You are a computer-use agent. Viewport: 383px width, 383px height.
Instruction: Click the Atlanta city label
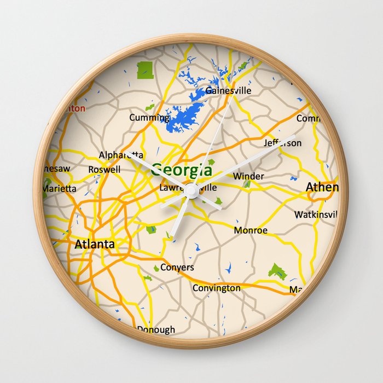(x=95, y=244)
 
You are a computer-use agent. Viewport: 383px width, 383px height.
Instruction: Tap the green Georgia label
(x=182, y=170)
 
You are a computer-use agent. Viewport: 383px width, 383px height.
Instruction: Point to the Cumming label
(x=149, y=117)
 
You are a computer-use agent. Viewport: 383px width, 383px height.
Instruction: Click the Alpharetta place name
(x=121, y=155)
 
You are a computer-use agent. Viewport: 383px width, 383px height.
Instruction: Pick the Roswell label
(x=104, y=170)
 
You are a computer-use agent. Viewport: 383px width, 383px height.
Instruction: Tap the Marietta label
(x=60, y=188)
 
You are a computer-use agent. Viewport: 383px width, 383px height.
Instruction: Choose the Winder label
(x=248, y=176)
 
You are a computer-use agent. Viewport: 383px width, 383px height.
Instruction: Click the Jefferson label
(x=282, y=143)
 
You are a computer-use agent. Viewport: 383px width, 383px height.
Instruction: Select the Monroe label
(x=251, y=230)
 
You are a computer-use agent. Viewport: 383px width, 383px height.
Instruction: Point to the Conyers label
(x=177, y=268)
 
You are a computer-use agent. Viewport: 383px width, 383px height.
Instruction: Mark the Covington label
(x=216, y=288)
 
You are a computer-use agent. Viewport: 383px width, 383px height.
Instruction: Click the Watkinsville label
(x=316, y=214)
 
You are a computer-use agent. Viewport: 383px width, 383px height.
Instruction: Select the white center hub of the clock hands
(x=191, y=191)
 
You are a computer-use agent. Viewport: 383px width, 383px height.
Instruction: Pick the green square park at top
(x=145, y=69)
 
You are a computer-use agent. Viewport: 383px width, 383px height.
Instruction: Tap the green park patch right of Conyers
(x=278, y=271)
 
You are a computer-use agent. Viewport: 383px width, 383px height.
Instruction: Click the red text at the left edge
(x=76, y=108)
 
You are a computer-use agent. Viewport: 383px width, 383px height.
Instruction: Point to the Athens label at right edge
(x=322, y=187)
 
